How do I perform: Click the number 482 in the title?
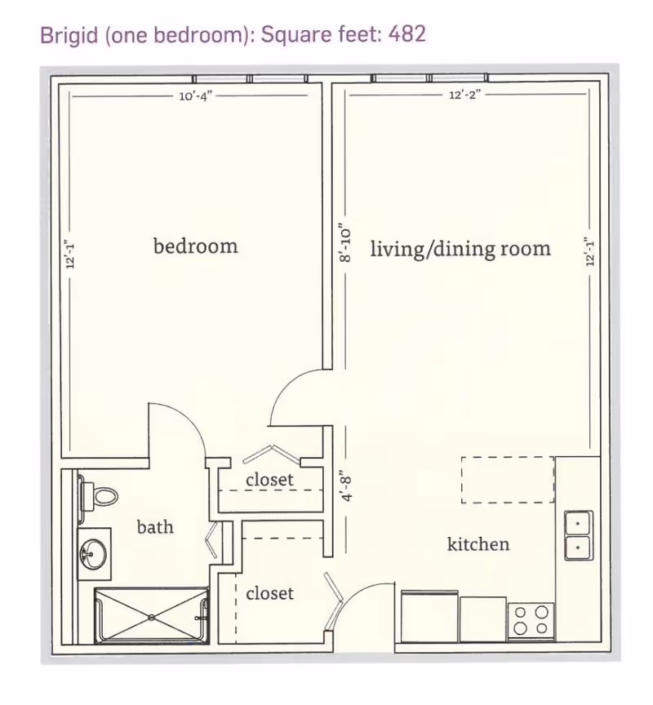coord(407,33)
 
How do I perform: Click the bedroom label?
coord(196,246)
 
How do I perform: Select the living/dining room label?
coord(460,249)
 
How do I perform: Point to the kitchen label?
coord(478,544)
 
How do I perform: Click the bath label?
coord(155,526)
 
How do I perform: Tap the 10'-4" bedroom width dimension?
coord(196,95)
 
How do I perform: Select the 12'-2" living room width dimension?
coord(465,95)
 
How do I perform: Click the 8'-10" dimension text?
coord(345,243)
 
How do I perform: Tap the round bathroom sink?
coord(94,553)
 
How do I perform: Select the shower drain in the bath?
coord(152,618)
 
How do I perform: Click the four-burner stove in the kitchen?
coord(531,620)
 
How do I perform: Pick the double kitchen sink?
coord(579,535)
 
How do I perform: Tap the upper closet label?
coord(270,479)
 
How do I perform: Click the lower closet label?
coord(270,593)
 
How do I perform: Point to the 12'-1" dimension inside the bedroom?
coord(70,255)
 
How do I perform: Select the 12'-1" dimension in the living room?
coord(590,252)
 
